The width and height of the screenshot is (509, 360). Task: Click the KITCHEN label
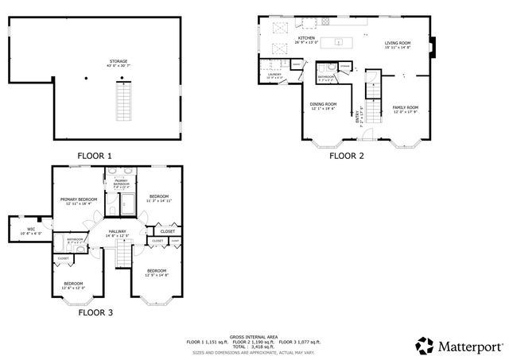pos(307,37)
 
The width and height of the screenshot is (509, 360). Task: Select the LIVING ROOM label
pos(397,44)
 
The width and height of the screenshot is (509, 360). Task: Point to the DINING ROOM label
pos(323,104)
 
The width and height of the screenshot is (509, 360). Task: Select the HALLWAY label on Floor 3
pos(116,231)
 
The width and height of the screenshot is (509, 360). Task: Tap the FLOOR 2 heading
pos(346,156)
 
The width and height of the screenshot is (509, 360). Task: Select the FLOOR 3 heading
pos(95,312)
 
